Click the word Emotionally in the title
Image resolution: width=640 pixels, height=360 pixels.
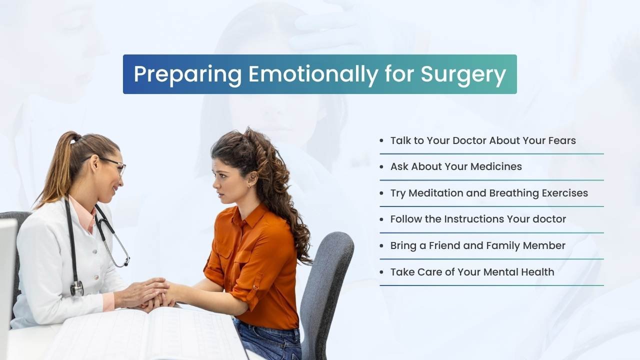[313, 74]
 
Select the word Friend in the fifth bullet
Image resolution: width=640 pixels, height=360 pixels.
[444, 245]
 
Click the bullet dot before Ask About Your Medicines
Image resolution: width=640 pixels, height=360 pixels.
[381, 167]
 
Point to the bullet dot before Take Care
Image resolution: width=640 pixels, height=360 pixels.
[381, 272]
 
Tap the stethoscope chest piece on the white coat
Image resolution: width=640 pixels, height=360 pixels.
[77, 288]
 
